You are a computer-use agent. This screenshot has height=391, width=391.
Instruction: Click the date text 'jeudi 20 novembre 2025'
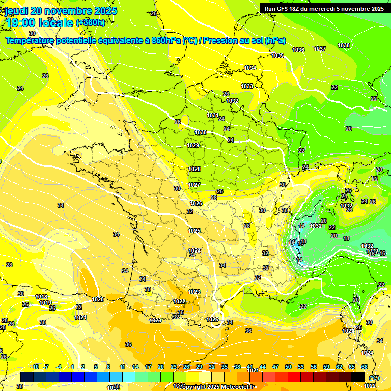(61, 11)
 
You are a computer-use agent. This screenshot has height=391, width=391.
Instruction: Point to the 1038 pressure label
(344, 45)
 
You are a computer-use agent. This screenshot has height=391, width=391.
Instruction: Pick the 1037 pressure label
(320, 49)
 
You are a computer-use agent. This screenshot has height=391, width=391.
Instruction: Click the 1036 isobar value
(298, 50)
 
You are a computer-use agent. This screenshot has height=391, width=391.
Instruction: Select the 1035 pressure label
(277, 55)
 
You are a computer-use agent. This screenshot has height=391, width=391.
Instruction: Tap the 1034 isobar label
(250, 68)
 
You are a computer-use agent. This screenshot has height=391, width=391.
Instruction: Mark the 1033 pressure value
(247, 86)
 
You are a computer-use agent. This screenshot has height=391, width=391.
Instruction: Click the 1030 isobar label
(201, 132)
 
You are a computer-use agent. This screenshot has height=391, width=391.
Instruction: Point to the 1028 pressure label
(194, 169)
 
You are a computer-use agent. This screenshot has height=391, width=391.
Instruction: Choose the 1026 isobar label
(196, 203)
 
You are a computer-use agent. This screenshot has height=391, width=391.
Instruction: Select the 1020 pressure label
(98, 299)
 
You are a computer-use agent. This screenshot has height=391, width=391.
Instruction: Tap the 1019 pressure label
(45, 303)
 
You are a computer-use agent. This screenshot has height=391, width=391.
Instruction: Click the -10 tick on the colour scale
(35, 367)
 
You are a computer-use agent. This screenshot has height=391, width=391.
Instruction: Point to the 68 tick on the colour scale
(365, 367)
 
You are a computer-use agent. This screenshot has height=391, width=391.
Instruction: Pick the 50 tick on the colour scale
(288, 367)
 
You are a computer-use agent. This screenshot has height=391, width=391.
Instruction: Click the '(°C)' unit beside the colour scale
(374, 377)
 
